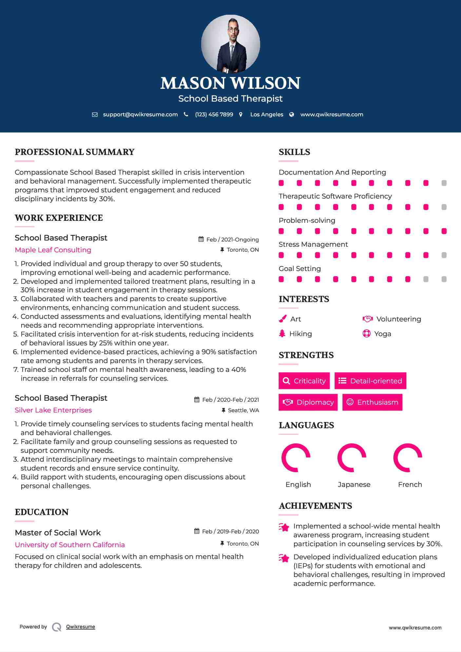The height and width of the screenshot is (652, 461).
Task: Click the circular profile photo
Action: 230,44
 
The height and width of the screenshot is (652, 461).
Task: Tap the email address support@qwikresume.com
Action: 140,115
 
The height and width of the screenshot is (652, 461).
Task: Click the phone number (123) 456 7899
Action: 214,115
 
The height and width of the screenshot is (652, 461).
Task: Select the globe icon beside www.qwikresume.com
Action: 292,115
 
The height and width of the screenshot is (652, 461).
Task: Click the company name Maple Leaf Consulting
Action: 53,250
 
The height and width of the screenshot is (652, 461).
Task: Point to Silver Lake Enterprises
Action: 53,410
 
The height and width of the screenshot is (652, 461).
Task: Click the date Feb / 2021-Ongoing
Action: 232,240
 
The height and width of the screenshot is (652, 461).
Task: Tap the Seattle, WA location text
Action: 243,411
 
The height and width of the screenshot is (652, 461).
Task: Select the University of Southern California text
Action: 70,545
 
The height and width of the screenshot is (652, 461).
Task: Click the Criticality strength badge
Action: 304,381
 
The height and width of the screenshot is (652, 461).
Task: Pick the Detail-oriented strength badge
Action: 370,381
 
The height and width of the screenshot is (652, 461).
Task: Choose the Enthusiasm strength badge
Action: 372,402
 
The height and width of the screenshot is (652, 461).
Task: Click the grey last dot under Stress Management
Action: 444,255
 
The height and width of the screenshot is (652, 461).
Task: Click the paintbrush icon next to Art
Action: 282,319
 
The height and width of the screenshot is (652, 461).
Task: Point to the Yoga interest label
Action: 383,334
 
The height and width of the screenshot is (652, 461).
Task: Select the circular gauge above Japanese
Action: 352,458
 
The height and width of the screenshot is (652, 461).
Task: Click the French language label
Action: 410,485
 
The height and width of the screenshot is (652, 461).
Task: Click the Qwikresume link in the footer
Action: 81,627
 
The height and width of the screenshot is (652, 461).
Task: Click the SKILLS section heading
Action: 294,152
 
